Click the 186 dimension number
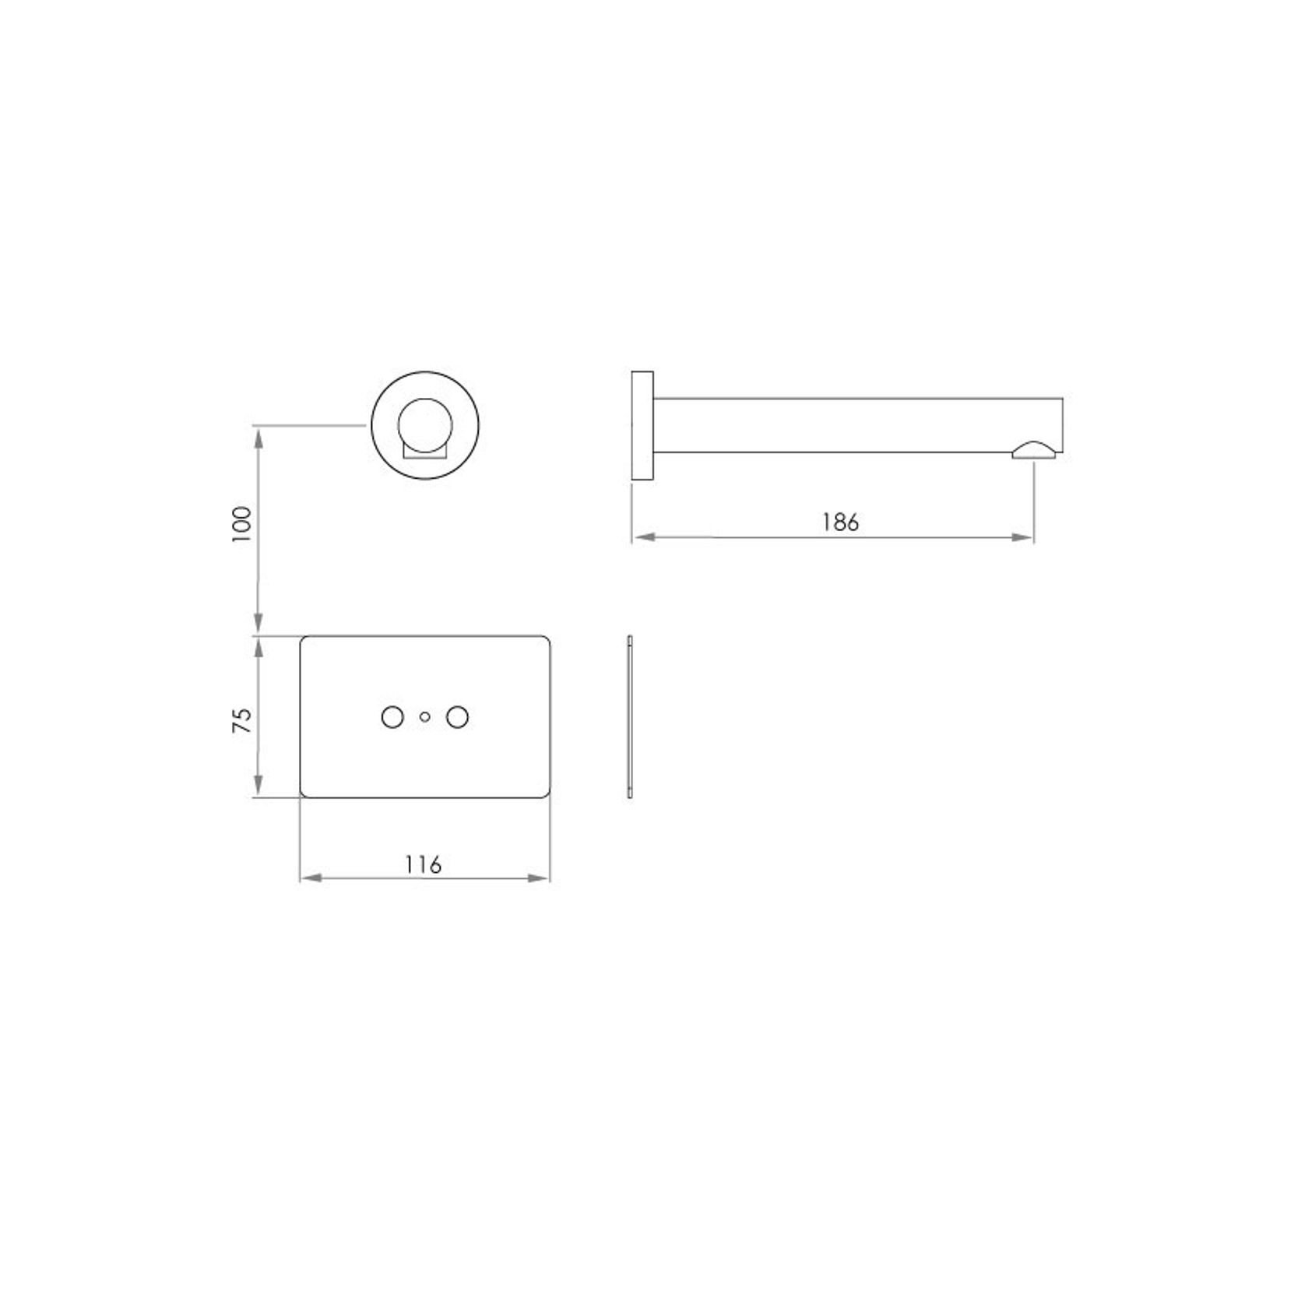point(840,522)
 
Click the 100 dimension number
point(243,524)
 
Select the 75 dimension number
point(243,720)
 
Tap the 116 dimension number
point(423,864)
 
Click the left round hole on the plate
point(392,717)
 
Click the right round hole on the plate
point(458,717)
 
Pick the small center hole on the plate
point(424,717)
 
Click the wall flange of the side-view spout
point(642,425)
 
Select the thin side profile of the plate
point(629,717)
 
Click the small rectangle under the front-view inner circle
point(424,451)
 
